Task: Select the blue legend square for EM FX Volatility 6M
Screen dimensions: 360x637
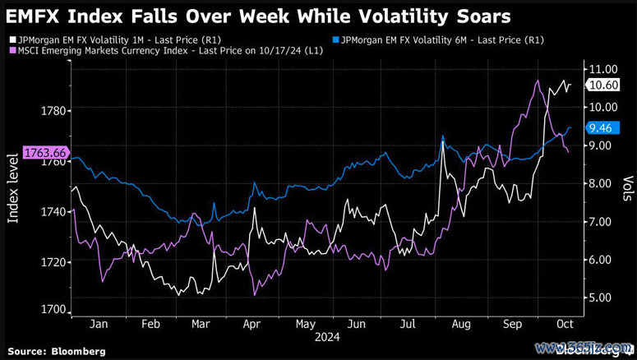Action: pos(335,39)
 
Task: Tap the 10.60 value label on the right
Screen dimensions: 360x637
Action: pos(607,85)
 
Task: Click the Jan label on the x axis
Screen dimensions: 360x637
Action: pos(98,324)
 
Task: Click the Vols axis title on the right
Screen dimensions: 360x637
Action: pos(626,189)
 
